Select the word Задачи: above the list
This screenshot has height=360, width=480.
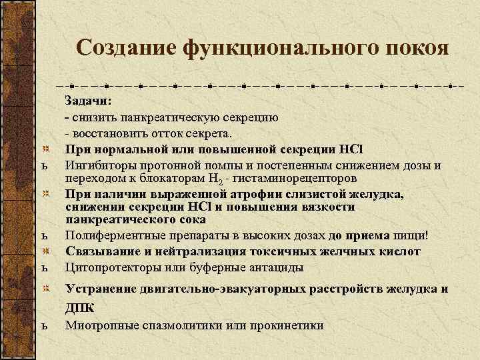tap(89, 101)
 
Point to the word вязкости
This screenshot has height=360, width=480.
tap(331, 207)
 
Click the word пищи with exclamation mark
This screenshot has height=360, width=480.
tap(412, 235)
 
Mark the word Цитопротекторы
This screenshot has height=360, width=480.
tap(108, 267)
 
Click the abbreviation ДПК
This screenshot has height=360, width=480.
tap(79, 307)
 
